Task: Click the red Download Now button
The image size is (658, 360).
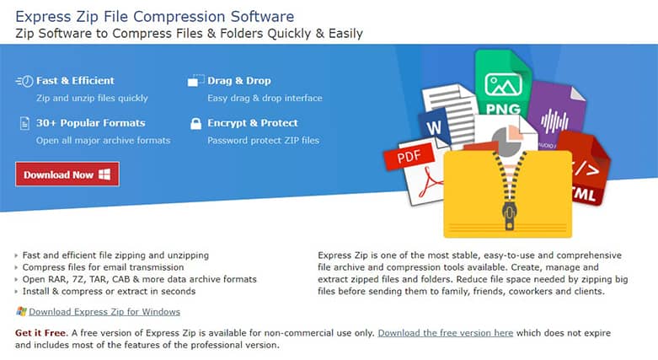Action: tap(67, 175)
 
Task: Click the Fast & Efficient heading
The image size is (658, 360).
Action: tap(75, 81)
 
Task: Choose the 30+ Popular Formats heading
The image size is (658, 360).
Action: tap(90, 123)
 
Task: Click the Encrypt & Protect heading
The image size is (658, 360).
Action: tap(253, 123)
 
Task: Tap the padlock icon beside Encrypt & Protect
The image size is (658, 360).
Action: tap(194, 123)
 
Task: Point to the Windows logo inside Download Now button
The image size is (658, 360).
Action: tap(104, 175)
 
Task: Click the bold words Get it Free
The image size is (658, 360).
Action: tap(40, 333)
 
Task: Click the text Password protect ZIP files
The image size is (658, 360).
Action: tap(263, 140)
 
